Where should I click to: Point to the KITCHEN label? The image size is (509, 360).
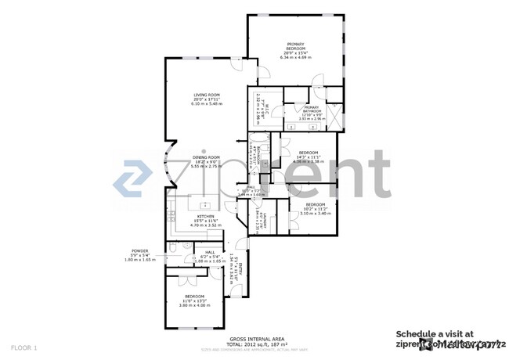coord(206,216)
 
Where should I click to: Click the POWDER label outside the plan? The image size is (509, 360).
coord(141,251)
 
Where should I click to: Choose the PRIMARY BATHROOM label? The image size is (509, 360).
coord(312,109)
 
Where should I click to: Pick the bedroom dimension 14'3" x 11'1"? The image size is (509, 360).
coord(309,157)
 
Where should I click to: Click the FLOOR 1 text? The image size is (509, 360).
coord(23,347)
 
